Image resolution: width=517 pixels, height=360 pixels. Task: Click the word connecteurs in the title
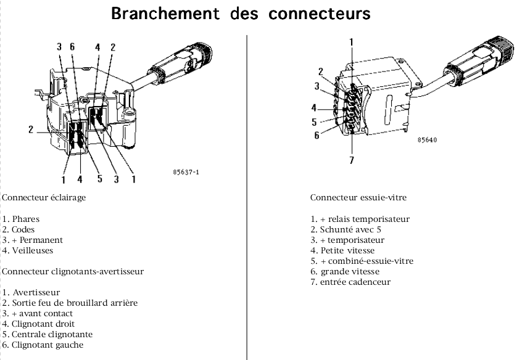pos(320,14)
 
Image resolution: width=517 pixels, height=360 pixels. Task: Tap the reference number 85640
pos(426,140)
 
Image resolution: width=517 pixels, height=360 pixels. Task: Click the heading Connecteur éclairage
pos(44,198)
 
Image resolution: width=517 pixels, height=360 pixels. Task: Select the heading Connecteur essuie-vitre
pos(358,198)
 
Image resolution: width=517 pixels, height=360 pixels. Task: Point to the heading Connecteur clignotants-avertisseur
pos(73,271)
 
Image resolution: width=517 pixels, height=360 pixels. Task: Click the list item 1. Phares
pos(21,219)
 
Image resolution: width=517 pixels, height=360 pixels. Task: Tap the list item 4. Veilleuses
pos(28,250)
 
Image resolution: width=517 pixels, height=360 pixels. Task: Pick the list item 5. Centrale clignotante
pos(48,334)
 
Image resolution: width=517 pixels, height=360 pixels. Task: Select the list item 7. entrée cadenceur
pos(350,282)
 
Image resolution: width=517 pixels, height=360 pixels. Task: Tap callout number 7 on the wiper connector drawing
pos(352,162)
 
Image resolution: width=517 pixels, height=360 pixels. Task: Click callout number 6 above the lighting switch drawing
pos(73,47)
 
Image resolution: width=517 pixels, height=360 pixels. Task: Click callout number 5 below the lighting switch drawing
pos(99,179)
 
